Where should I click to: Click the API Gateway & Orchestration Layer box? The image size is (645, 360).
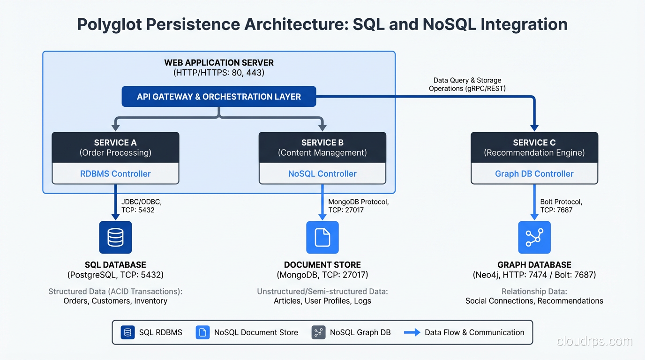pyautogui.click(x=219, y=97)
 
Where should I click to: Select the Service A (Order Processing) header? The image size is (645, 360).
pyautogui.click(x=115, y=147)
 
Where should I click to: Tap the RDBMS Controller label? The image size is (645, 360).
pyautogui.click(x=115, y=173)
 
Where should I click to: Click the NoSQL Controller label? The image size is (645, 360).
pyautogui.click(x=322, y=173)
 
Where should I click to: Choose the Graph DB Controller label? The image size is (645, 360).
pyautogui.click(x=534, y=173)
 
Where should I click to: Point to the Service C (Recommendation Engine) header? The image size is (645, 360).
pyautogui.click(x=534, y=147)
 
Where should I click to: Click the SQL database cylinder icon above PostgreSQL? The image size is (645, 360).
pyautogui.click(x=115, y=237)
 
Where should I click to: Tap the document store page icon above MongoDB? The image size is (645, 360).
pyautogui.click(x=322, y=237)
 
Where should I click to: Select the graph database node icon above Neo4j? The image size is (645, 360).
pyautogui.click(x=534, y=237)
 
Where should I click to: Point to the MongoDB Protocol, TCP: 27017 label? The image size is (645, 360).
pyautogui.click(x=359, y=206)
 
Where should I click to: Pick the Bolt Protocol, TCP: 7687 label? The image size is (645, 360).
pyautogui.click(x=561, y=206)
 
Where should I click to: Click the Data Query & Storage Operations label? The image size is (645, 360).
pyautogui.click(x=467, y=84)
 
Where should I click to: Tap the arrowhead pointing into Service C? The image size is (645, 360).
pyautogui.click(x=534, y=128)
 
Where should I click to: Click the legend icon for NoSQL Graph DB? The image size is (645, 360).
pyautogui.click(x=318, y=332)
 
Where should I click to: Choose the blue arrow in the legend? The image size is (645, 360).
pyautogui.click(x=412, y=332)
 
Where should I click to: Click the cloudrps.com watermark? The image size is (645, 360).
pyautogui.click(x=594, y=342)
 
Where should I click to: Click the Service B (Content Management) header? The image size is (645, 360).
pyautogui.click(x=322, y=147)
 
